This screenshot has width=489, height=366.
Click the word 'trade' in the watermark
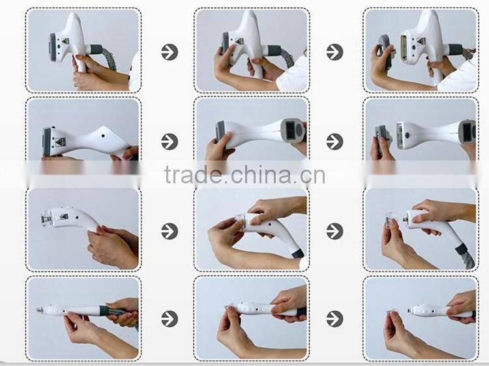click(192, 175)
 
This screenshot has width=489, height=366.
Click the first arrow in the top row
click(170, 52)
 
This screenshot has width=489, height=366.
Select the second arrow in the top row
click(334, 52)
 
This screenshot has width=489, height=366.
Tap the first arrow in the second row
click(170, 141)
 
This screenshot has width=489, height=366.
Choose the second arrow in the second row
click(334, 141)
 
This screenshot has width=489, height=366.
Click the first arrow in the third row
click(170, 231)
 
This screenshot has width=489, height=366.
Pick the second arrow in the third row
click(334, 231)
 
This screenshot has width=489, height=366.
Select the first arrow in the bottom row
click(170, 318)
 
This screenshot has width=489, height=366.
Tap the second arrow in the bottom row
click(334, 318)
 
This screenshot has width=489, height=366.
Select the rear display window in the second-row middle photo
click(291, 129)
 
